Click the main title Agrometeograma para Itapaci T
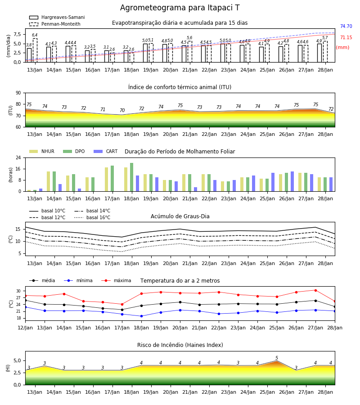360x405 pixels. (x=180, y=8)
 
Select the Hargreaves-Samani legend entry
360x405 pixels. (x=57, y=17)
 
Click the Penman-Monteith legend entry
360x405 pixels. (x=55, y=24)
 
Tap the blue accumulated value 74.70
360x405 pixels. (x=346, y=27)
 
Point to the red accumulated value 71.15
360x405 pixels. (x=346, y=38)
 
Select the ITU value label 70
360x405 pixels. (x=122, y=111)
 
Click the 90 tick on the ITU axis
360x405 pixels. (x=18, y=93)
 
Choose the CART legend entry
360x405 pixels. (x=106, y=151)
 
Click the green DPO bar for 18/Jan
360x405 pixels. (x=132, y=177)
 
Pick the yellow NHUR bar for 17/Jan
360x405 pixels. (x=106, y=180)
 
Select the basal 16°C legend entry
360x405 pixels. (x=92, y=218)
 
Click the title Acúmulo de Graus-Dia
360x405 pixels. (x=180, y=216)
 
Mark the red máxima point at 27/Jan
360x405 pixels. (x=315, y=290)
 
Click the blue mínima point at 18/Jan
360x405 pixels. (x=141, y=316)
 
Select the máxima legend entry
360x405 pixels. (x=117, y=280)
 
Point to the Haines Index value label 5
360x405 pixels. (x=277, y=358)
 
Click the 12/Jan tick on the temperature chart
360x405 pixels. (x=25, y=328)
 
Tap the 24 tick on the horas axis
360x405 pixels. (x=18, y=158)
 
